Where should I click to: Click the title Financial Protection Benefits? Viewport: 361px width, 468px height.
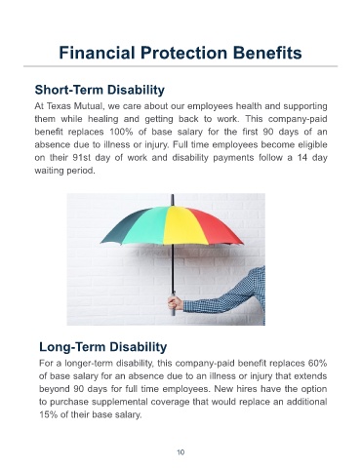[x=180, y=53]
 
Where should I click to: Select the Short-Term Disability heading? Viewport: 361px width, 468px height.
[x=100, y=90]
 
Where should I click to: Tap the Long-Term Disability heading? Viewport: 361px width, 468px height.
[x=103, y=347]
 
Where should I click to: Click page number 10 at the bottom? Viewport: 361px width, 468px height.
[x=180, y=452]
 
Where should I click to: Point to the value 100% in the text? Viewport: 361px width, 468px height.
[x=119, y=132]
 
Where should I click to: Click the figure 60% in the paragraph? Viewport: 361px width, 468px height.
[x=318, y=363]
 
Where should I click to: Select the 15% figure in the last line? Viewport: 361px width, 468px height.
[x=49, y=414]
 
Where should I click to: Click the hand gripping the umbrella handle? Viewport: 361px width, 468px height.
[x=176, y=303]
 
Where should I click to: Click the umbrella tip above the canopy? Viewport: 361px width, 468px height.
[x=173, y=200]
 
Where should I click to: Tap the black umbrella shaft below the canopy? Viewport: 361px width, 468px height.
[x=173, y=268]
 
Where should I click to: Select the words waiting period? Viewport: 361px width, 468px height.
[x=65, y=171]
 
